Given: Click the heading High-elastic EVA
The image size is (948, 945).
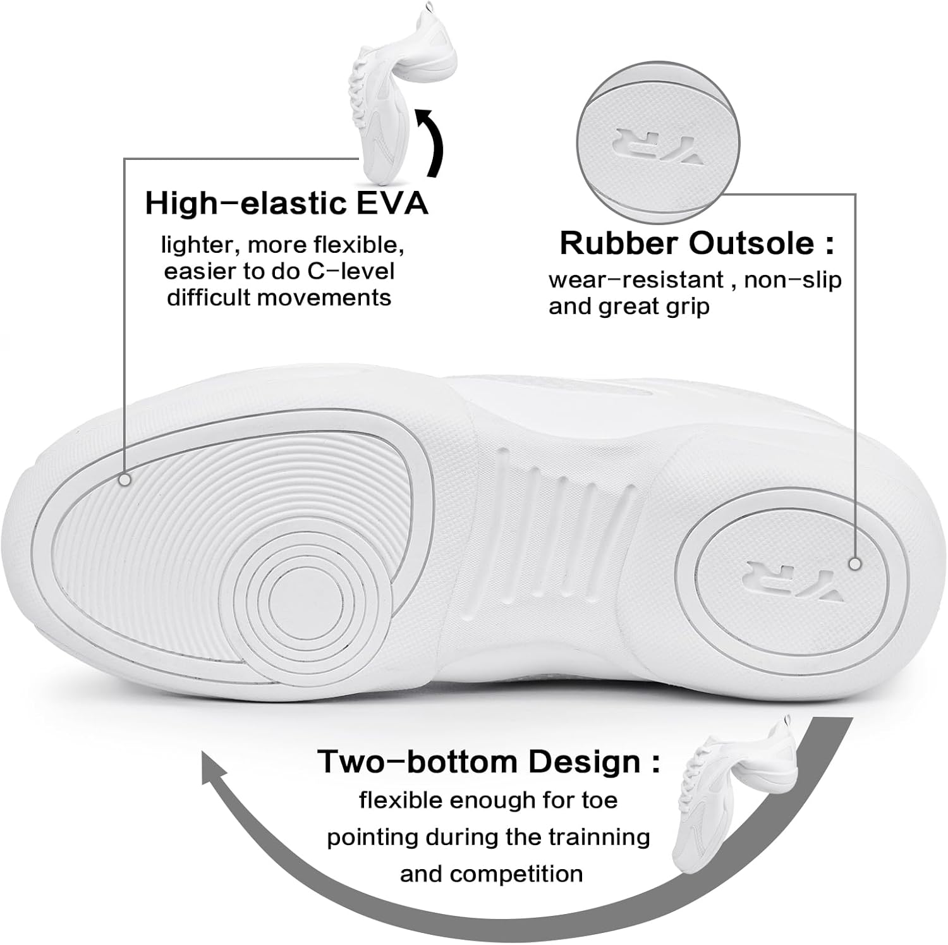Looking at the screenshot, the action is pos(286,204).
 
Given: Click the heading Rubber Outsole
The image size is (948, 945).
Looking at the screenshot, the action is pos(696,244).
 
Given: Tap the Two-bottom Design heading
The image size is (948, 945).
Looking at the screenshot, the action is pos(489,762).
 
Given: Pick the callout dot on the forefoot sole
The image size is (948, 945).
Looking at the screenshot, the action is pos(125,480).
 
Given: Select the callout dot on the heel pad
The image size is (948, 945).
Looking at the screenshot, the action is pos(855,563).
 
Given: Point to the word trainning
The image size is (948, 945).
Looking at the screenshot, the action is pos(600,837).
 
